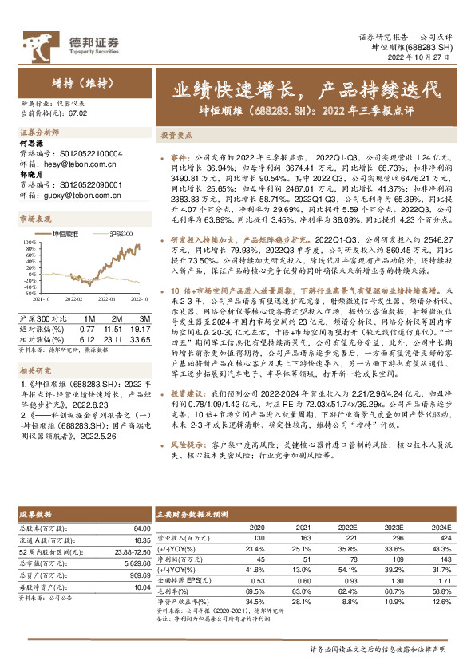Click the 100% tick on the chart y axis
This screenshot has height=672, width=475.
pyautogui.click(x=27, y=239)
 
